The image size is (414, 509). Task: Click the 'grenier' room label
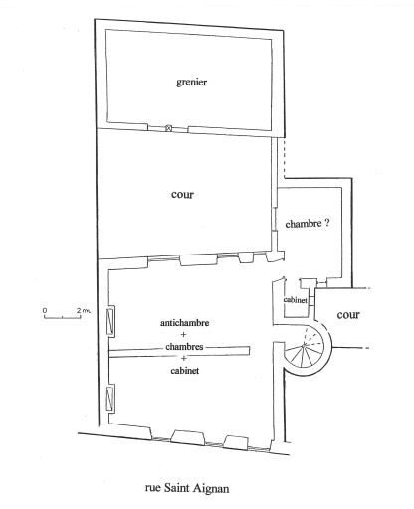(191, 82)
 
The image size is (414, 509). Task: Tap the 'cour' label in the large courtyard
(182, 194)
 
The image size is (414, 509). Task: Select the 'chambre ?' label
(308, 224)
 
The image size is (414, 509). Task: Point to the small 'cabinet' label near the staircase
(295, 300)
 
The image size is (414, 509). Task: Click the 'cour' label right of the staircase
(348, 314)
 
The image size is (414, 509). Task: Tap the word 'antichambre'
(184, 323)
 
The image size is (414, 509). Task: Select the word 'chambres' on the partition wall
(184, 347)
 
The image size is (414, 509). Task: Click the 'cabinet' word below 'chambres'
(185, 371)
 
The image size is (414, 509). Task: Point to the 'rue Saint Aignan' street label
(187, 488)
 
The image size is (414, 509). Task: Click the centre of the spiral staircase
(304, 346)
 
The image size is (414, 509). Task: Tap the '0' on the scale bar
(45, 310)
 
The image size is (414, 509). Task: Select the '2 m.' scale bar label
(84, 310)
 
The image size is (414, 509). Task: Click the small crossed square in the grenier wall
(168, 128)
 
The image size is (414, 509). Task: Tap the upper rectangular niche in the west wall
(110, 321)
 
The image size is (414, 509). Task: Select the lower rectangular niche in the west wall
(110, 399)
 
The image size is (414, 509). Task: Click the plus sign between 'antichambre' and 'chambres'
(184, 335)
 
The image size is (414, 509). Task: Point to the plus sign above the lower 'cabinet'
(184, 358)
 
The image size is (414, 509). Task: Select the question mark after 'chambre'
(326, 223)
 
